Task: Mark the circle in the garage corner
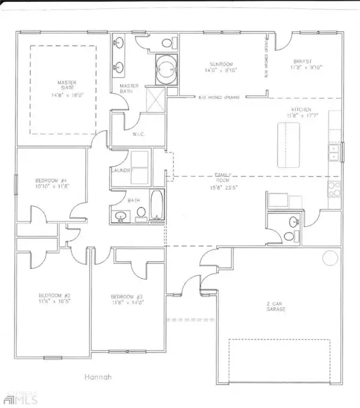coord(331,258)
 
